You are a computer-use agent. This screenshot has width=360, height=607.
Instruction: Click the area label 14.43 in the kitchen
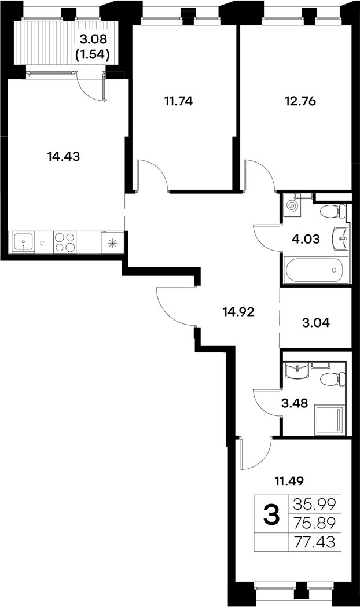64,156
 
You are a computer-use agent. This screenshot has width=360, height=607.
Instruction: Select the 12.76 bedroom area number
300,101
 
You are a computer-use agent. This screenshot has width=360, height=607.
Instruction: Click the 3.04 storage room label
315,323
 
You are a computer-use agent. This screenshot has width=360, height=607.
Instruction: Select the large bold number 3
271,514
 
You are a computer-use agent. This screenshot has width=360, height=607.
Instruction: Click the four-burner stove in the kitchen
65,242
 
